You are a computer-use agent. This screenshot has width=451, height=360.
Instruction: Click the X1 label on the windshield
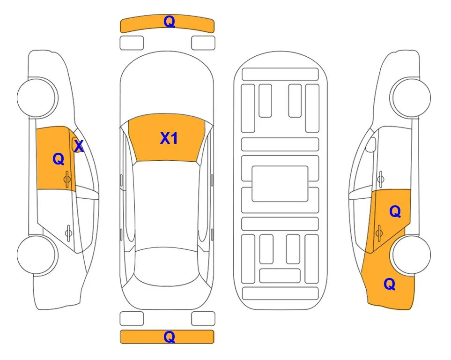(x=169, y=138)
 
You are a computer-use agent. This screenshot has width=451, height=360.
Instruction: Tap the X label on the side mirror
(x=79, y=146)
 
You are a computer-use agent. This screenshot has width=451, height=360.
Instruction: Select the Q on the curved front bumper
(x=169, y=22)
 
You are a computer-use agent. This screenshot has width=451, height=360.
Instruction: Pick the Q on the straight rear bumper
(x=169, y=337)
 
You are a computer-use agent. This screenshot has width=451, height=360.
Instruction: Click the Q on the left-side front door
(x=59, y=159)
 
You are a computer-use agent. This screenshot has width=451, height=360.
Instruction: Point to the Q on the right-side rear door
(x=395, y=212)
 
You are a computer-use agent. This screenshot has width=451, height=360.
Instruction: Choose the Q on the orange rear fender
(x=390, y=284)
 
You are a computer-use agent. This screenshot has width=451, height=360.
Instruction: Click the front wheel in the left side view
(x=37, y=97)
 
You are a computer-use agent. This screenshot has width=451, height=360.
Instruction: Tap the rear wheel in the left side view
(x=37, y=255)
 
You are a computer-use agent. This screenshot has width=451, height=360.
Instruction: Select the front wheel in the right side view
(x=410, y=97)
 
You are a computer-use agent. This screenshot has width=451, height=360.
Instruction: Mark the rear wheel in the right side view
(x=410, y=255)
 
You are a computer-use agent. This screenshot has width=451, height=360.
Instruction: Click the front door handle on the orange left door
(x=67, y=180)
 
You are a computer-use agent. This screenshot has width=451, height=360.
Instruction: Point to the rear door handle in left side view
(x=68, y=232)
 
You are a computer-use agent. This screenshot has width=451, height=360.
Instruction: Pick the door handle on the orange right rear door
(x=379, y=232)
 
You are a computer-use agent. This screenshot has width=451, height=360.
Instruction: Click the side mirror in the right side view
(x=371, y=145)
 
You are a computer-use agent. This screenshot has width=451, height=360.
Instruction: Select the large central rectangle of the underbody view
(x=280, y=184)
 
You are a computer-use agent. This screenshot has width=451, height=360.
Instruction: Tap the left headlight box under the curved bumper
(x=132, y=43)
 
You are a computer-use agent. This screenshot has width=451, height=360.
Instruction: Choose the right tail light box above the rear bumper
(x=203, y=319)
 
